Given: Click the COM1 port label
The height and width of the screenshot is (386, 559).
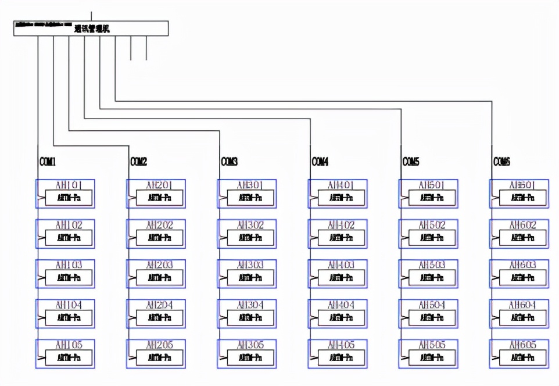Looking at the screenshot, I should click(x=48, y=162).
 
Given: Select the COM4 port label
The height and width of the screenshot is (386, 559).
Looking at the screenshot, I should click(x=320, y=162).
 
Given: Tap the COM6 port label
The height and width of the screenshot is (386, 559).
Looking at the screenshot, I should click(x=501, y=162).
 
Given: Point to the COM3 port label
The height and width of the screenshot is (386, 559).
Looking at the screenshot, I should click(x=229, y=162).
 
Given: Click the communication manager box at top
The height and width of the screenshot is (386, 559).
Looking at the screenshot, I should click(x=91, y=28).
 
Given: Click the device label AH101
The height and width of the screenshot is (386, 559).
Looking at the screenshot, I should click(x=69, y=185).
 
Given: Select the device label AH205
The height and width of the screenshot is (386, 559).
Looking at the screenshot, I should click(x=160, y=345).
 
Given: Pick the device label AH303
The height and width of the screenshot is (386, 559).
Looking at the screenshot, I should click(x=250, y=265).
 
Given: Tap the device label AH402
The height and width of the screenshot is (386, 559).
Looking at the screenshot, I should click(x=341, y=225).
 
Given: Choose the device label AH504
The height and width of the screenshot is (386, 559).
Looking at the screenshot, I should click(x=432, y=305).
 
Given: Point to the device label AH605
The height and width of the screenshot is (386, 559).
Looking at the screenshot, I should click(x=522, y=345).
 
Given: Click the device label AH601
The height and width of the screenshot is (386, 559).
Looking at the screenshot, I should click(x=522, y=185).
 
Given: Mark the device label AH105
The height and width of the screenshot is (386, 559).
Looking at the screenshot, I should click(x=69, y=345).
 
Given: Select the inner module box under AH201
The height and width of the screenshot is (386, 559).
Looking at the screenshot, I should click(x=159, y=198).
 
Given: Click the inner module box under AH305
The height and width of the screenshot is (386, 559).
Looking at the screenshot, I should click(x=250, y=358).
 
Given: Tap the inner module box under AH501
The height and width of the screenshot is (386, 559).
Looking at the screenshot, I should click(x=431, y=198).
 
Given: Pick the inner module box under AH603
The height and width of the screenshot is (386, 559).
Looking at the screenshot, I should click(x=522, y=278).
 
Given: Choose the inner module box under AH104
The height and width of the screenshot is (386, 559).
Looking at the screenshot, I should click(x=69, y=318).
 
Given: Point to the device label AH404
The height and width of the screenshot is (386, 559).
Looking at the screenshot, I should click(x=341, y=305).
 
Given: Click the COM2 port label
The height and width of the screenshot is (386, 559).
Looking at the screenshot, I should click(x=138, y=162).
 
